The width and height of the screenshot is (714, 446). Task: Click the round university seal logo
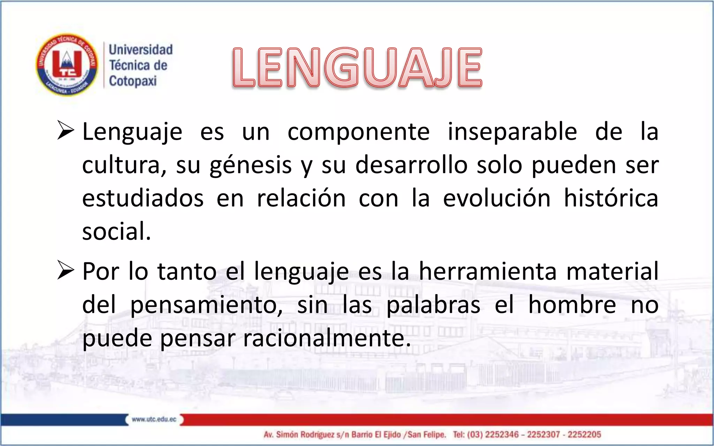point(67,65)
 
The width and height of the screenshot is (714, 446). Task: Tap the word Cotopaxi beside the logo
point(133,81)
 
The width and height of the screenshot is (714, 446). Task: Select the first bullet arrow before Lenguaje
point(65,131)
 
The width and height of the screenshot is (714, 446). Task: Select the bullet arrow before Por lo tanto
point(65,270)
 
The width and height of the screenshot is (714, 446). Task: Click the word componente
point(358,132)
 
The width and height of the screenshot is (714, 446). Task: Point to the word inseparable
point(512,132)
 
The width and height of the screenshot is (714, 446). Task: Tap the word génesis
point(250,165)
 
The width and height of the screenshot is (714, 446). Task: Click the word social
point(116,231)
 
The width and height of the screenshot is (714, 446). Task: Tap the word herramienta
point(487,271)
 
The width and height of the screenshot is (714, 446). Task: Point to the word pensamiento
point(206,305)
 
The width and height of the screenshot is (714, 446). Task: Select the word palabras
point(433,305)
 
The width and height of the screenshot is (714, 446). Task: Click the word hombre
point(572,305)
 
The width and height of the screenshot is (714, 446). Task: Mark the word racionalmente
point(327,338)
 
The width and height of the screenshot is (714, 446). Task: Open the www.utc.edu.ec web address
point(154,420)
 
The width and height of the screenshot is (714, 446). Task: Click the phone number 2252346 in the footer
point(502,435)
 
